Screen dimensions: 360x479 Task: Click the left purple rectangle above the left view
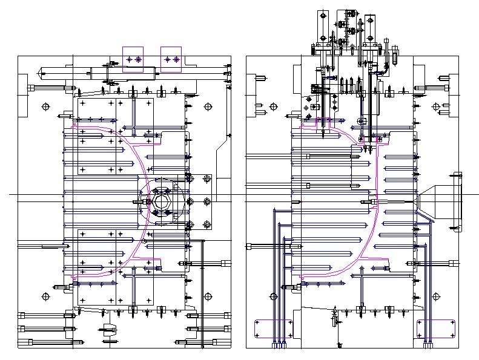pyautogui.click(x=133, y=59)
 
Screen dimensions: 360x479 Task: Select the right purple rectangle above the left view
pyautogui.click(x=171, y=59)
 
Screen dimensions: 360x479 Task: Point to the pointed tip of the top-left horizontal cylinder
pyautogui.click(x=39, y=72)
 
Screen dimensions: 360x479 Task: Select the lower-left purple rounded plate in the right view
pyautogui.click(x=274, y=329)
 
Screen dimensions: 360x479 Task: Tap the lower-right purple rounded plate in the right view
pyautogui.click(x=436, y=329)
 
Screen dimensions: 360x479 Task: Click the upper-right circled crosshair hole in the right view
pyautogui.click(x=435, y=106)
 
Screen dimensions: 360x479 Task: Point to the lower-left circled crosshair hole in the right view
pyautogui.click(x=273, y=296)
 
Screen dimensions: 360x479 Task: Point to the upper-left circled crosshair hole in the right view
pyautogui.click(x=273, y=106)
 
